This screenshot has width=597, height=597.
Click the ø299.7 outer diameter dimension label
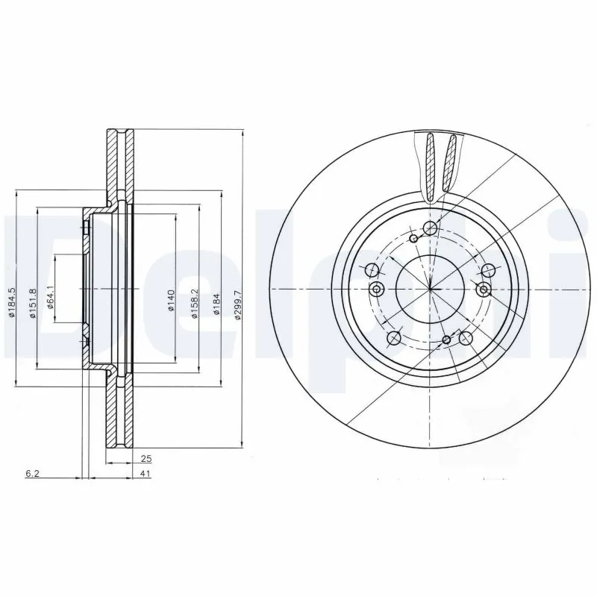[x=237, y=304]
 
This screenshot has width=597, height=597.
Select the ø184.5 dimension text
[x=12, y=304]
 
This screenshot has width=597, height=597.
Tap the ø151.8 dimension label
[x=32, y=304]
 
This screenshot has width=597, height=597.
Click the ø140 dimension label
[x=171, y=301]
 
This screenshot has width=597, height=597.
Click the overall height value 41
[x=146, y=475]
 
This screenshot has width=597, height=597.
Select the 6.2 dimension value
[x=31, y=475]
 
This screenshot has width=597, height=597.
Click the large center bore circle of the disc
[x=430, y=288]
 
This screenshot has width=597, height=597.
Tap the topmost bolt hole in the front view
[x=430, y=228]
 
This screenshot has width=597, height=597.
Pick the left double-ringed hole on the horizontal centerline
[x=377, y=289]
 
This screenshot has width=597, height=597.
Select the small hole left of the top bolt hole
[x=413, y=238]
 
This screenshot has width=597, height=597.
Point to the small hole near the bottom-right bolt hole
[x=446, y=340]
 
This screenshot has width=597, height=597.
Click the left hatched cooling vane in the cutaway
[x=431, y=166]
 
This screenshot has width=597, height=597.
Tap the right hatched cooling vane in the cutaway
[x=449, y=166]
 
